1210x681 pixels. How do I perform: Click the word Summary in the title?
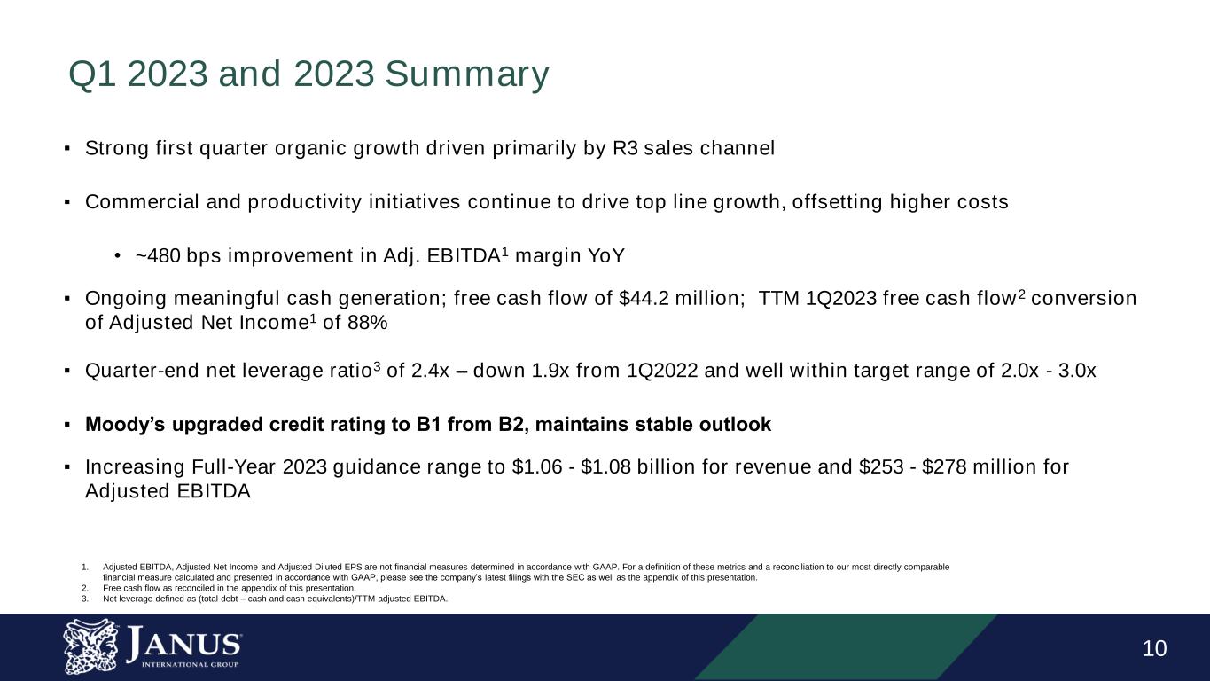point(467,75)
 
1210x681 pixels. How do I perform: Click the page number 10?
point(1154,649)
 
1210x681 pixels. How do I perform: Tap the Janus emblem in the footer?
point(90,646)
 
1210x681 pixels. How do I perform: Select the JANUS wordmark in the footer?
point(183,642)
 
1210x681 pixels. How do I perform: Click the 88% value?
point(368,324)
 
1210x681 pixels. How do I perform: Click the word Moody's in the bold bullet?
point(121,425)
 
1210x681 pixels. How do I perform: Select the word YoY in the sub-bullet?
point(607,256)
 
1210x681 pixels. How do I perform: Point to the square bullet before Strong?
point(67,149)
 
